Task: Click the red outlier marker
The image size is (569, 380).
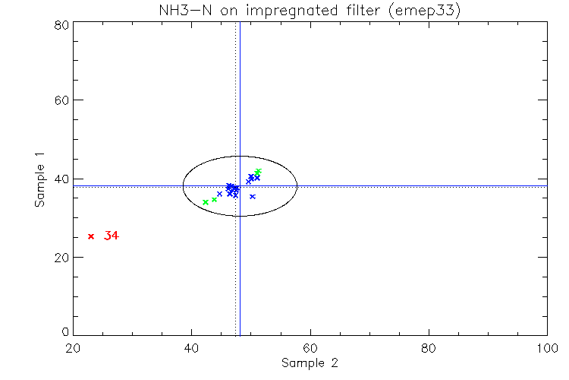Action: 91,236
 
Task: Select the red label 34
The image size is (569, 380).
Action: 111,236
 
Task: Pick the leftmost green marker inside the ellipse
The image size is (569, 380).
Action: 206,202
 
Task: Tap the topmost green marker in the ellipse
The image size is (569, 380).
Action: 259,171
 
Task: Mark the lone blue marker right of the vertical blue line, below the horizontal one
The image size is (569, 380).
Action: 253,196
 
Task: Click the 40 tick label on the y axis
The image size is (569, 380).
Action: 61,179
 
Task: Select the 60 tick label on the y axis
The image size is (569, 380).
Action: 61,100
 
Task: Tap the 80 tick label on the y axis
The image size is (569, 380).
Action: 61,24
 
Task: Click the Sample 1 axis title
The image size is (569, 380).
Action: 39,179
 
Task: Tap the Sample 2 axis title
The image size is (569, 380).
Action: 310,363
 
